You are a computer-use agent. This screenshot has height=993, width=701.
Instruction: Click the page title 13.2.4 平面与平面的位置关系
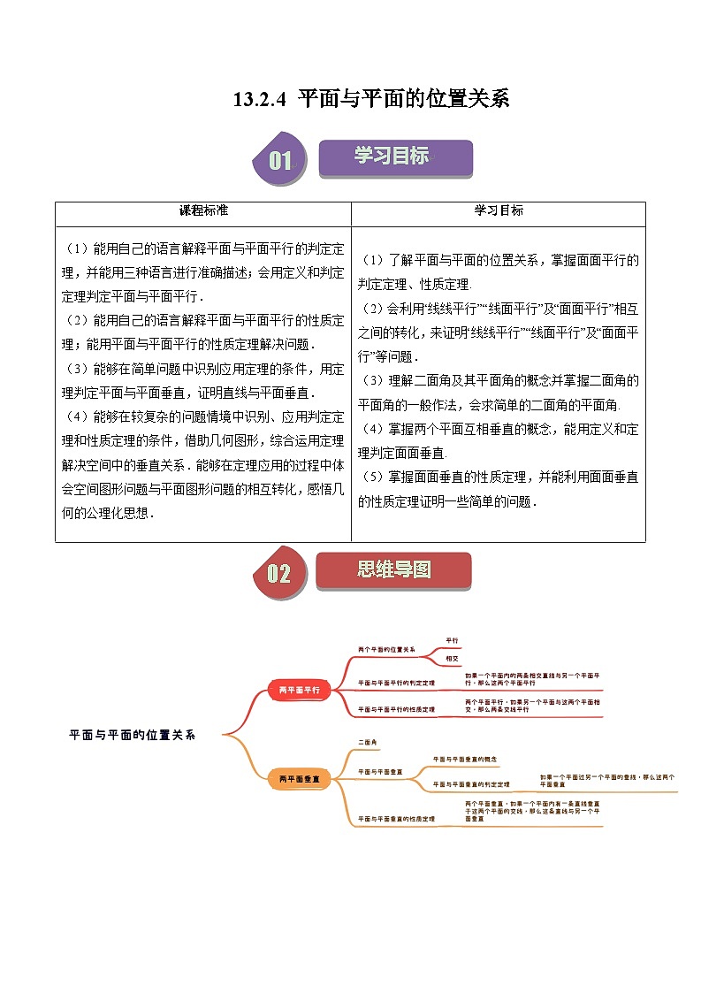point(371,99)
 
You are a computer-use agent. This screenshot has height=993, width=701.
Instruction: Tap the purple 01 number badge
point(280,160)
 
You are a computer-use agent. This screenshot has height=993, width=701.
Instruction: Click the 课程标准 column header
point(203,210)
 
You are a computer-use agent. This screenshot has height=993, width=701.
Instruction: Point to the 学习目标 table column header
point(499,210)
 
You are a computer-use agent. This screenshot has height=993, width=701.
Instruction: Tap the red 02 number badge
point(278,573)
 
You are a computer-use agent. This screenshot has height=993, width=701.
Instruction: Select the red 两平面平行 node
point(299,690)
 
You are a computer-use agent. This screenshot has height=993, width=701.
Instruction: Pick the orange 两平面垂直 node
point(299,779)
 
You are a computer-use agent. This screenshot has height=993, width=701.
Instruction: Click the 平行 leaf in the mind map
point(452,639)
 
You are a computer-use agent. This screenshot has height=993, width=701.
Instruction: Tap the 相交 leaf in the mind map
point(452,660)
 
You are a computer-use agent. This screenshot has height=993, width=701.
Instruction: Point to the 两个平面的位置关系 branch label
point(386,649)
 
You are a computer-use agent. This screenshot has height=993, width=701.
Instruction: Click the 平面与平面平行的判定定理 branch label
point(396,684)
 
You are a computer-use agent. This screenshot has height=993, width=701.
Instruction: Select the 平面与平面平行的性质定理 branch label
point(396,709)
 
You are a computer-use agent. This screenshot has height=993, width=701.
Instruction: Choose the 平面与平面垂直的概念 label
point(465,759)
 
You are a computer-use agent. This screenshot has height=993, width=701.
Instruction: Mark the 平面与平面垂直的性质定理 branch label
point(396,820)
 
